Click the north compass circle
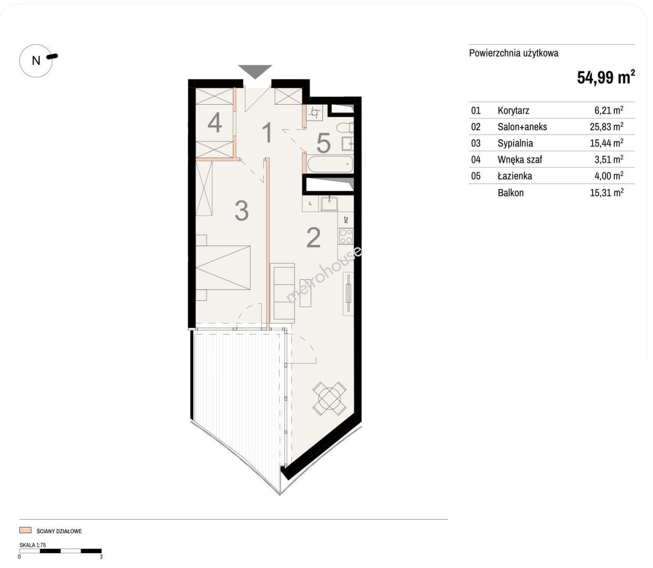(36, 45)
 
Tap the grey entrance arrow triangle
(255, 70)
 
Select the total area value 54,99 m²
(606, 77)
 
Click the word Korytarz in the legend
(513, 110)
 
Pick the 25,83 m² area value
(606, 126)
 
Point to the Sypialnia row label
(515, 143)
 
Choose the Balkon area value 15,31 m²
(606, 192)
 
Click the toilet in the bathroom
(345, 127)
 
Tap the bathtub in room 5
(330, 165)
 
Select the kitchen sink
(329, 204)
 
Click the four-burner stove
(346, 236)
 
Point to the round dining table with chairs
(329, 399)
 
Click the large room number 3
(242, 211)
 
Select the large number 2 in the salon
(313, 238)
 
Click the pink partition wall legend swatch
(25, 530)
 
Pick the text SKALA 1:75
(33, 545)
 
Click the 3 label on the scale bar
(101, 556)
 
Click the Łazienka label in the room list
(515, 176)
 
